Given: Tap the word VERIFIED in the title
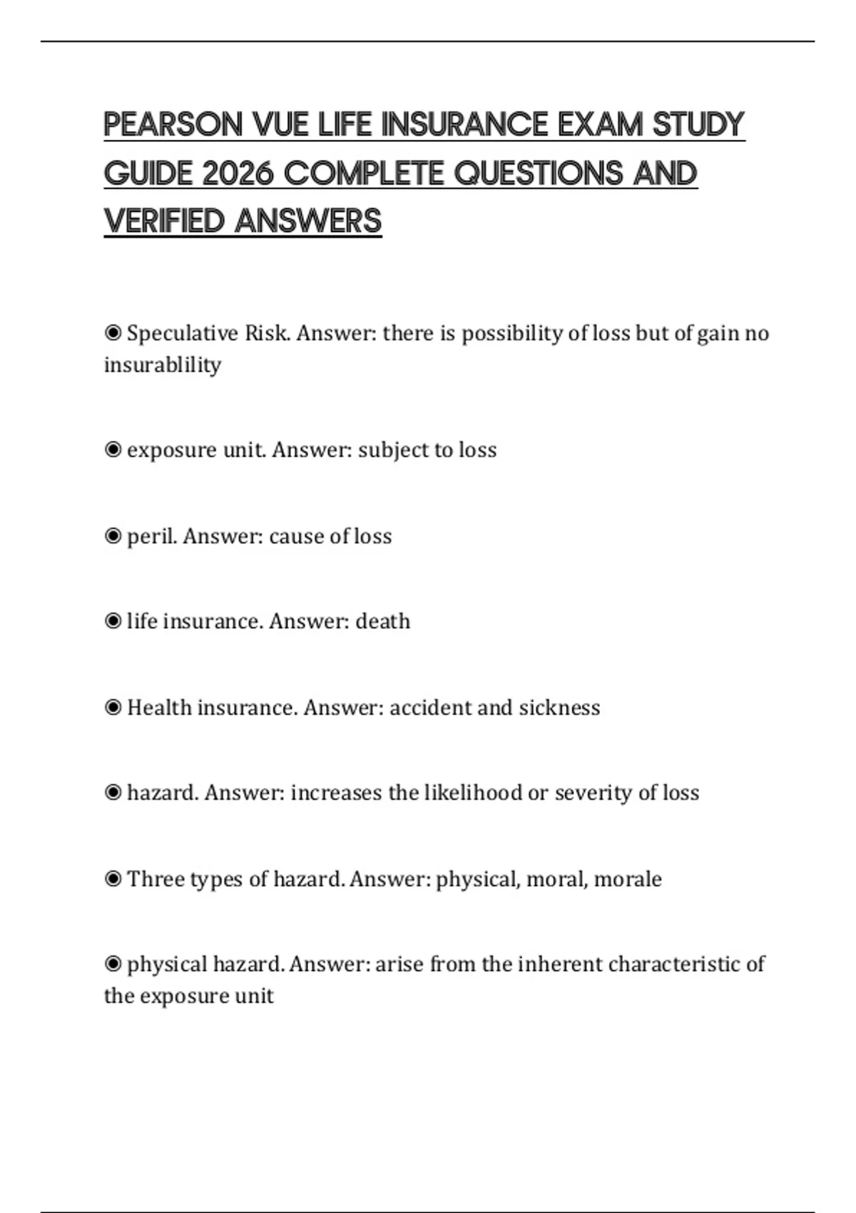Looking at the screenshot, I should coord(165,221).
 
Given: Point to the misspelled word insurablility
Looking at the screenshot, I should coord(163,365).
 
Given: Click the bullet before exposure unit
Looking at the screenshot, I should coord(113,450).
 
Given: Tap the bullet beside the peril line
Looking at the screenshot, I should coord(113,536).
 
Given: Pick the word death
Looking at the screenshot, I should coord(383,621).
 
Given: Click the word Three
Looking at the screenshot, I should coord(150,879).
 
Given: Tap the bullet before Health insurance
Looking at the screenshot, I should coord(113,708).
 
